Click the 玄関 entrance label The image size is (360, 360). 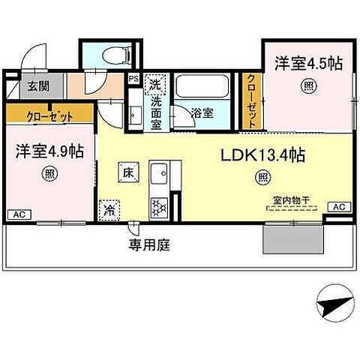pos(31,85)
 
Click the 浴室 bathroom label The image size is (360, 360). pos(201,114)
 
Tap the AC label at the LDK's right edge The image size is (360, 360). pos(338,206)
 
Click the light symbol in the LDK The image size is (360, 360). pos(262,178)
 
